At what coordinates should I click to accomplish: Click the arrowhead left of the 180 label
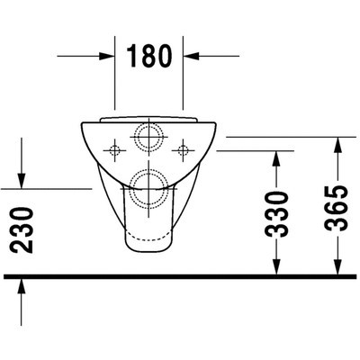pos(109,55)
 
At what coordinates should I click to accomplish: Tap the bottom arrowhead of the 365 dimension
pos(337,267)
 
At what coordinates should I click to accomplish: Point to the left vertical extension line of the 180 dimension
pos(115,72)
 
